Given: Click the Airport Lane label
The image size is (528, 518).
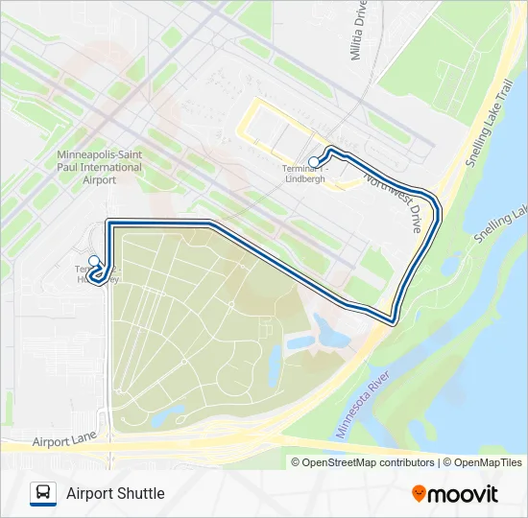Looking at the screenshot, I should (x=65, y=442).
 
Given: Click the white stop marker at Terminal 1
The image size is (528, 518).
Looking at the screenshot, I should (x=315, y=161).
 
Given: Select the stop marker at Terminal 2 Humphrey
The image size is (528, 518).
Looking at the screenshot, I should (x=94, y=261).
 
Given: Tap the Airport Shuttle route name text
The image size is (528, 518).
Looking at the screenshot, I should (x=115, y=493).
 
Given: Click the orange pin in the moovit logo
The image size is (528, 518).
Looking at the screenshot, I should (x=420, y=493).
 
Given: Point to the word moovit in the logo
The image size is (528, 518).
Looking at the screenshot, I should (x=464, y=494).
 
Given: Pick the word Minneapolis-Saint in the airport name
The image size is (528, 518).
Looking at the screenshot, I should (x=100, y=154).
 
